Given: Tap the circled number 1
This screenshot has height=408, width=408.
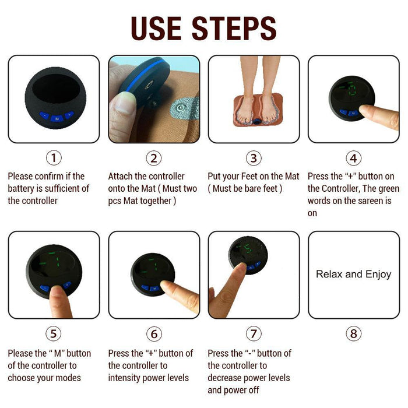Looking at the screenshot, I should coord(54,158).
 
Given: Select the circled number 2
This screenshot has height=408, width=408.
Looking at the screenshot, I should coord(153,158).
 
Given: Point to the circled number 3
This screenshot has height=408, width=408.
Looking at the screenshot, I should coord(253,158).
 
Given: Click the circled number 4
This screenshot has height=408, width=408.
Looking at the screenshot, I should coord(353,158).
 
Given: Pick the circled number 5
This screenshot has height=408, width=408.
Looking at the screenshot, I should coord(54,333).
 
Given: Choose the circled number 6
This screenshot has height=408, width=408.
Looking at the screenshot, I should coord(153,333).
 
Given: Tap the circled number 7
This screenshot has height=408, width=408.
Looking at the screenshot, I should coord(253,333).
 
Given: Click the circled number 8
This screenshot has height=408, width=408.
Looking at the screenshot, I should coord(353,333).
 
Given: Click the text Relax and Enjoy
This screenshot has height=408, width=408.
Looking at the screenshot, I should coord(353,274).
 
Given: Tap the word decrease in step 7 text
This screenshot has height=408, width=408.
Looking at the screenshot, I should coord(227,378).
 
